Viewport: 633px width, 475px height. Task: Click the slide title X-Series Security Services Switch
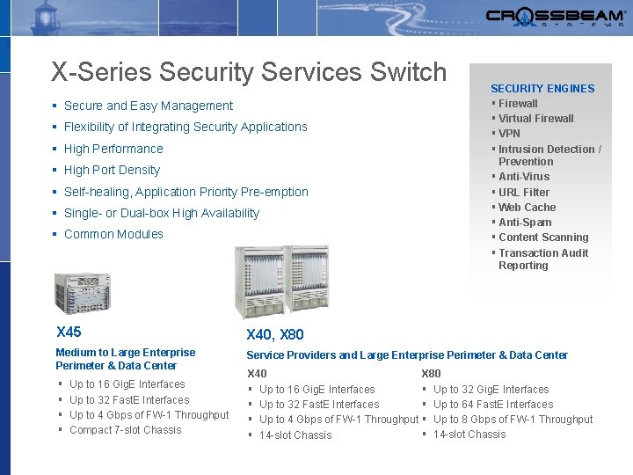coord(249,71)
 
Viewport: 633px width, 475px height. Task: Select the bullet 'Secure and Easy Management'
coord(148,106)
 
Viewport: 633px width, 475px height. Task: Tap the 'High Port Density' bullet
coord(112,170)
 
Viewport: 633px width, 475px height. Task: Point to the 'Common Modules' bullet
coord(113,234)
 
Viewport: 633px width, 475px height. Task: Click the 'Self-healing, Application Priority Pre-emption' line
coord(186,192)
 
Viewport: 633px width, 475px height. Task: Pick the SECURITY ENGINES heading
coord(542,88)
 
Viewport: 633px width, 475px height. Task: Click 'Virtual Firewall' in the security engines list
coord(535,118)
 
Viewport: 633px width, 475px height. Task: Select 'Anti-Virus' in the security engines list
coord(524,177)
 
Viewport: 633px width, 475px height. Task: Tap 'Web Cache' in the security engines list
coord(527,208)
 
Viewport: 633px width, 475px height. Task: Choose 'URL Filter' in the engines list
coord(523,192)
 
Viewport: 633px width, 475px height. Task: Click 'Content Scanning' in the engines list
coord(543,237)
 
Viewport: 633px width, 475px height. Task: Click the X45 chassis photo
coord(82,294)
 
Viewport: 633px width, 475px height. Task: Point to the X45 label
coord(69,332)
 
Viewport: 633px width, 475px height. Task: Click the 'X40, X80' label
coord(275,334)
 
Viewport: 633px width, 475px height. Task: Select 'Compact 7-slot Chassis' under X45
coord(125,430)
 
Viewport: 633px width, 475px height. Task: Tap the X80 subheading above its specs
coord(431,374)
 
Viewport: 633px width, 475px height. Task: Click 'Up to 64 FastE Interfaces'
coord(493,405)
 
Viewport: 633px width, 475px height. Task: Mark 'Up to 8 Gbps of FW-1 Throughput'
coord(513,420)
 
